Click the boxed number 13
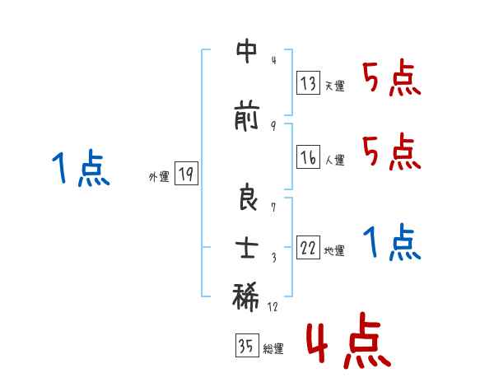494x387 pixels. (x=309, y=83)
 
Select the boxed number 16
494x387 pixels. (x=309, y=159)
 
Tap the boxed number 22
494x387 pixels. (x=309, y=249)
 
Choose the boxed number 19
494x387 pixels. (x=186, y=174)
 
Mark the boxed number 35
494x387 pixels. (x=246, y=347)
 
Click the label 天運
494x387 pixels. (x=334, y=86)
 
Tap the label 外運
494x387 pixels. (x=158, y=176)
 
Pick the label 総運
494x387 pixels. (x=273, y=349)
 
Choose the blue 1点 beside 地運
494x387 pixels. (x=391, y=242)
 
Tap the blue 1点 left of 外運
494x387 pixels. (x=80, y=170)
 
